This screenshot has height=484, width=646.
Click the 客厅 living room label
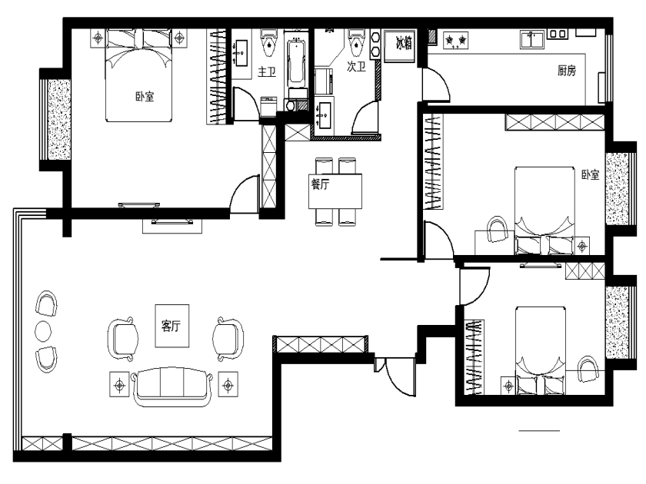pos(171,326)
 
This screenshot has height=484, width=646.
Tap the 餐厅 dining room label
pos(320,184)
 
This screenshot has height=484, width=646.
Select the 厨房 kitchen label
pos(567,71)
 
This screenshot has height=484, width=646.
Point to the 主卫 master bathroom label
pos(267,71)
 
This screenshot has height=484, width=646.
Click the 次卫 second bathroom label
pos(356,66)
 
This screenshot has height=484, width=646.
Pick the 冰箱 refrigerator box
pos(399,45)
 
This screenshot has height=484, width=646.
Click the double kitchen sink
pos(532,40)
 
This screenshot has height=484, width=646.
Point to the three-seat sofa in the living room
pos(171,387)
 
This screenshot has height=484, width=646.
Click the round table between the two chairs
pos(43,331)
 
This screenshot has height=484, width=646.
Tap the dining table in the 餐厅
pos(335,191)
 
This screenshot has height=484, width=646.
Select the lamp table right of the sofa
pos(228,385)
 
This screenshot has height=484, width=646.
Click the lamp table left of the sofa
pos(119,385)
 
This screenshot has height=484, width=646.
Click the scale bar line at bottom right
pos(539,430)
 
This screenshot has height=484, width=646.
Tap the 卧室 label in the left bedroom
pos(145,97)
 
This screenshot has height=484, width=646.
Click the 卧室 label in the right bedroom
pos(590,174)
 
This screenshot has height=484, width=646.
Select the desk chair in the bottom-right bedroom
pos(588,370)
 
